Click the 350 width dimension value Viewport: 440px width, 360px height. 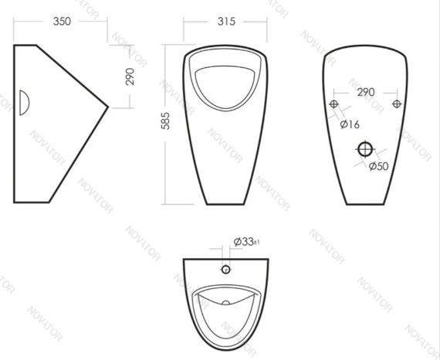point(62,22)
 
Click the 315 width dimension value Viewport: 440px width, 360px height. point(226,22)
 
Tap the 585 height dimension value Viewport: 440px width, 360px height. point(165,121)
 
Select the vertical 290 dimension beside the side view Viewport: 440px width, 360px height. point(130,76)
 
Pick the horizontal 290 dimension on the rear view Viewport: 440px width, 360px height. point(366,92)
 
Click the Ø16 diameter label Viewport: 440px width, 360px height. point(350,124)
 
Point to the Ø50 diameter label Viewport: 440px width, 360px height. point(379,166)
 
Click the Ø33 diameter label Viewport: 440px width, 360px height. point(244,242)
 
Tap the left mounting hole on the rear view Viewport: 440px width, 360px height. point(333,104)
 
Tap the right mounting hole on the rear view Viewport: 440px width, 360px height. point(397,104)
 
